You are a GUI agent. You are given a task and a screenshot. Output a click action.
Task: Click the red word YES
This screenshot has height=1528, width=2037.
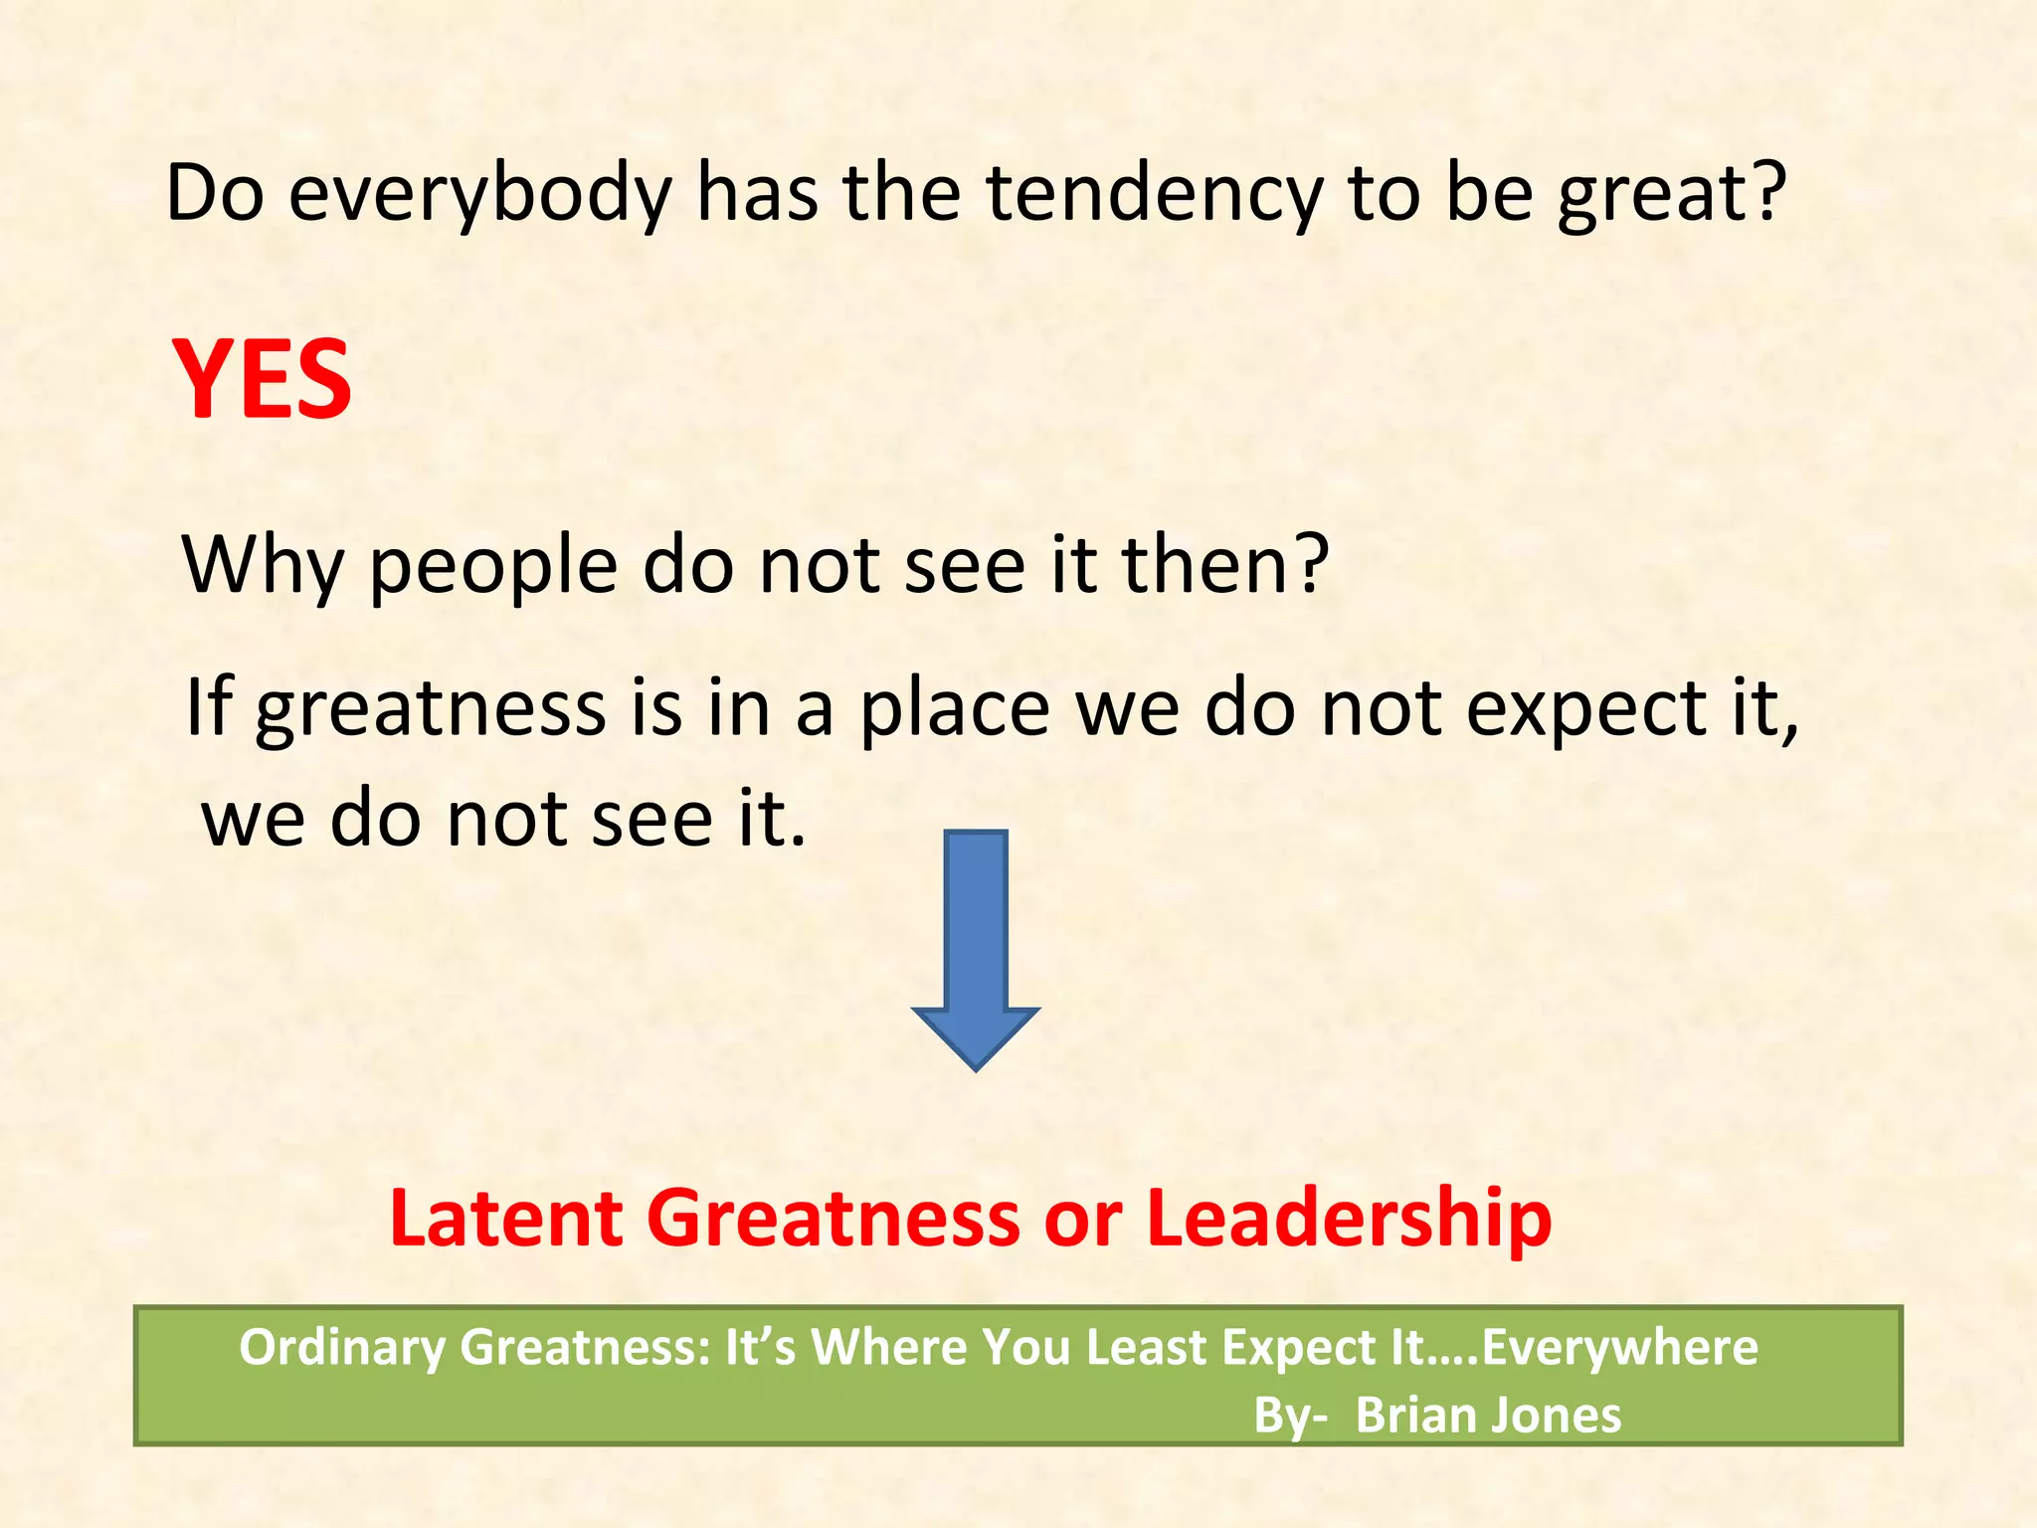(x=262, y=379)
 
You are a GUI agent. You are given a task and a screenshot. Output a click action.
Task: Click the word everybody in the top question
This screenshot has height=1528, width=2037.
(x=480, y=193)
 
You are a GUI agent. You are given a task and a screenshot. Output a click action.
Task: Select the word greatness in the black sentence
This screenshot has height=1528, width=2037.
(x=431, y=708)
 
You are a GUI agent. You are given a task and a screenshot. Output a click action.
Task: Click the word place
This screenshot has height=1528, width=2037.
(x=955, y=708)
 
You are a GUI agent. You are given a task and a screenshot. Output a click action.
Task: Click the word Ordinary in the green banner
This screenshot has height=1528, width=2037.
(x=342, y=1348)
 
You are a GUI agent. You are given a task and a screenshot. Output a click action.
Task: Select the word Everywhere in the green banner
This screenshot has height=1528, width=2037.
(x=1619, y=1348)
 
